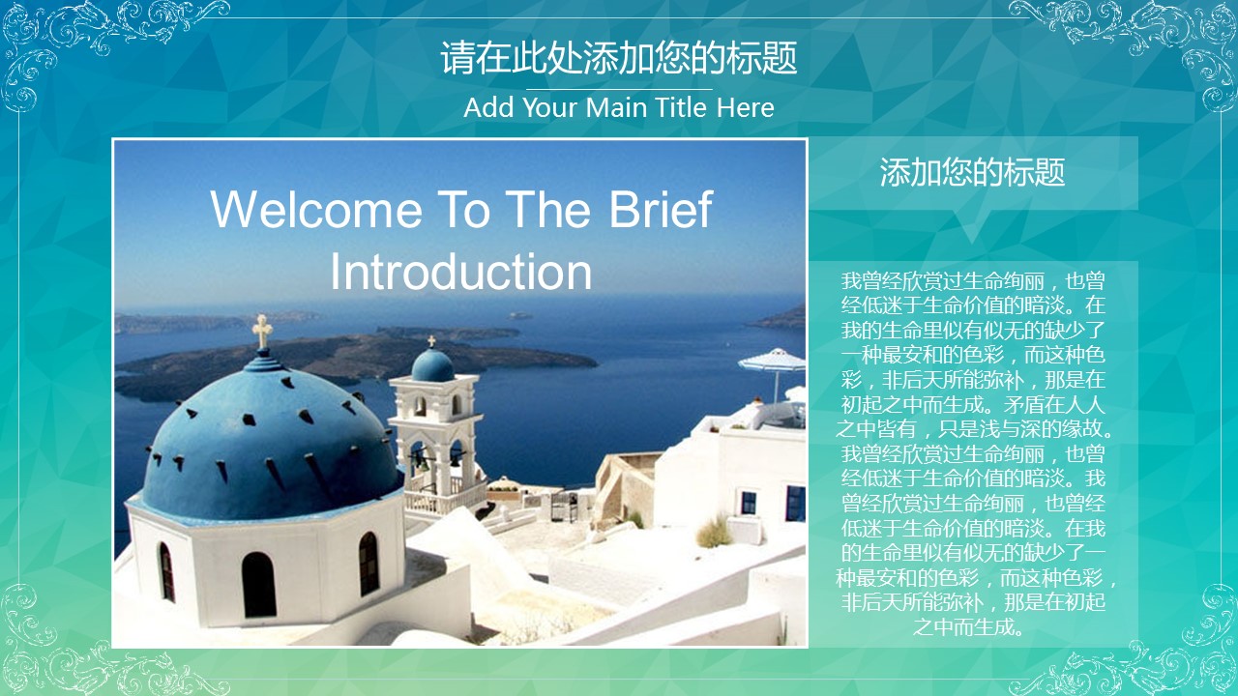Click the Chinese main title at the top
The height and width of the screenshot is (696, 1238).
point(619,57)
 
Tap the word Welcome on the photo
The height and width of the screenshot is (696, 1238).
point(316,210)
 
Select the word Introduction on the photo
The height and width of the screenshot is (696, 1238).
point(461,272)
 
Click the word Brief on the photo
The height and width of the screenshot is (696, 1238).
point(661,209)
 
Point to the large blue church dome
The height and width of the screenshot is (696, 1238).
point(270,436)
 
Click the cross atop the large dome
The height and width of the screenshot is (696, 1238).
point(262,331)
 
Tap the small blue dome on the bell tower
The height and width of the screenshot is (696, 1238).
point(432,364)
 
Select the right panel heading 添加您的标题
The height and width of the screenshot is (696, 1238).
point(972,172)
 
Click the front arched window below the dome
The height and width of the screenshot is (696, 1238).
point(258,585)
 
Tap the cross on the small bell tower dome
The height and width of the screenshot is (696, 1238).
point(431,341)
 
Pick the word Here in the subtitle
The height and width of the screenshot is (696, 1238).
point(745,107)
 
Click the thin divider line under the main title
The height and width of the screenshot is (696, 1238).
point(619,89)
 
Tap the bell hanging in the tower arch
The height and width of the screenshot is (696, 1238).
point(421,461)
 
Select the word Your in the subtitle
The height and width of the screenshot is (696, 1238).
point(550,107)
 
